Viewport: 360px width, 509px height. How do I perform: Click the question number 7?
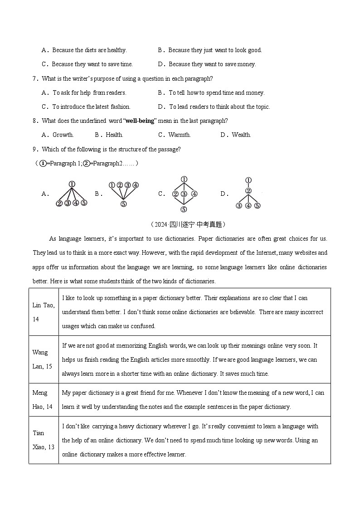tap(35, 78)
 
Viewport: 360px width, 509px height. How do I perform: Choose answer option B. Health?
tap(109, 135)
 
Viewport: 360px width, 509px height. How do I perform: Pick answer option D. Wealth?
tap(236, 135)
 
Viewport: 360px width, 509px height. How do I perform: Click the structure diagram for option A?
tap(72, 194)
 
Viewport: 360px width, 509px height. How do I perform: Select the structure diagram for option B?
tap(123, 194)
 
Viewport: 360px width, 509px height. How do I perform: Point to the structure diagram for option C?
tap(184, 194)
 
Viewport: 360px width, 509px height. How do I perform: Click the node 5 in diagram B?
tap(123, 204)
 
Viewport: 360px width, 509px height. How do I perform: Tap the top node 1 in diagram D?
tap(248, 180)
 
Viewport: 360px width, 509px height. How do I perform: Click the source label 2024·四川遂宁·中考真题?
tap(187, 224)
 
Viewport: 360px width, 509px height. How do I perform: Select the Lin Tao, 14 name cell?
tap(44, 312)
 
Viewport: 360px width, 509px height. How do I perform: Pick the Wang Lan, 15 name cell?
tap(44, 359)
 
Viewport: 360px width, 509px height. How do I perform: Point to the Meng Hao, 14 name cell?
tap(44, 400)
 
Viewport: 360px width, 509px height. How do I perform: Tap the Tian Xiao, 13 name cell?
tap(44, 440)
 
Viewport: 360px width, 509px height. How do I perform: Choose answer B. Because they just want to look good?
tap(210, 50)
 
